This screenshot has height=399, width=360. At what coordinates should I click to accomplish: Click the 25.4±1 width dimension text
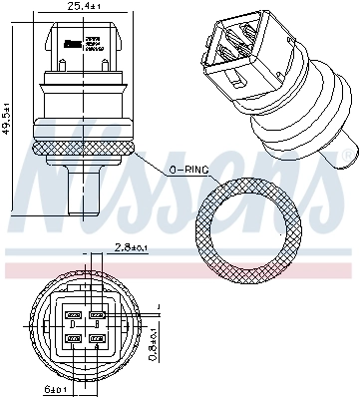pos(83,6)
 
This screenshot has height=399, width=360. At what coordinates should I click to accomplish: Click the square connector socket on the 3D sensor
pos(239,49)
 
